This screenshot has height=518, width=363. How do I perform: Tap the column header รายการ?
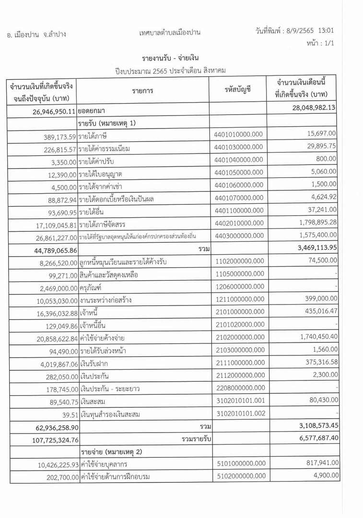142,90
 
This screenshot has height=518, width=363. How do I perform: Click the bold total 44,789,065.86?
48,249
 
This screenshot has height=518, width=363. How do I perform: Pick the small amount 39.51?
69,414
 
